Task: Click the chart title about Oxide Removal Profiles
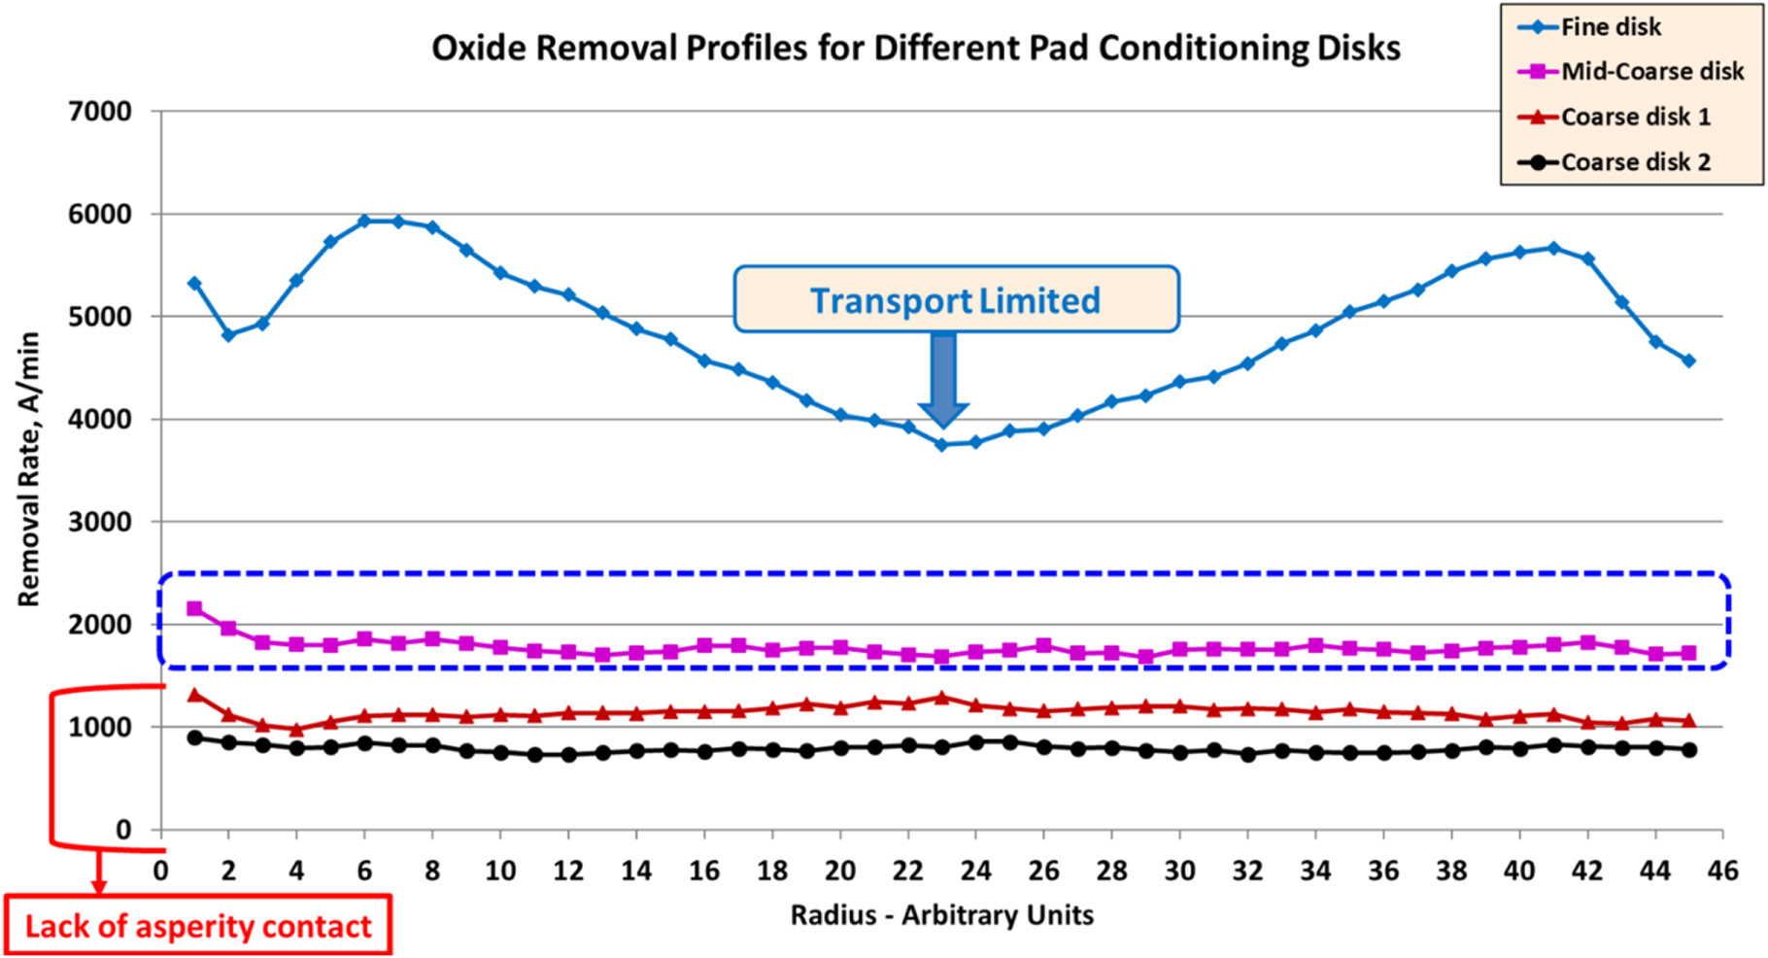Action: (x=915, y=48)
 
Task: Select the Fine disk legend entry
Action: (x=1610, y=27)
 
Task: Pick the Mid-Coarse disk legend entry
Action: (x=1650, y=72)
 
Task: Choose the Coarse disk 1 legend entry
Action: (x=1634, y=117)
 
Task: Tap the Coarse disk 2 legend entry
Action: (x=1634, y=162)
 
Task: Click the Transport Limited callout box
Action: (x=956, y=300)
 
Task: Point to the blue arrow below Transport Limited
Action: (x=942, y=379)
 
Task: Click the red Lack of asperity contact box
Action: (x=198, y=925)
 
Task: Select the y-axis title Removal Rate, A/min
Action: (x=29, y=469)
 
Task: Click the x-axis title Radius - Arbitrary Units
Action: (x=941, y=915)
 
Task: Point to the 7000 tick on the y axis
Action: (x=100, y=112)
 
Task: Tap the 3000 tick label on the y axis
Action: (x=100, y=522)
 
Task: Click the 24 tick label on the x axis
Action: (x=975, y=871)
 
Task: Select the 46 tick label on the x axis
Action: (x=1722, y=871)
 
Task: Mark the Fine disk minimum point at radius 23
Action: (x=941, y=444)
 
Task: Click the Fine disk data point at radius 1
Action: (x=194, y=284)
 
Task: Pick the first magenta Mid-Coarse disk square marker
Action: (x=194, y=608)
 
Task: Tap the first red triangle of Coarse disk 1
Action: (x=194, y=695)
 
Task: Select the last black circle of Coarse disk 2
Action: (x=1689, y=750)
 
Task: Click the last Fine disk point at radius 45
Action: (x=1689, y=360)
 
